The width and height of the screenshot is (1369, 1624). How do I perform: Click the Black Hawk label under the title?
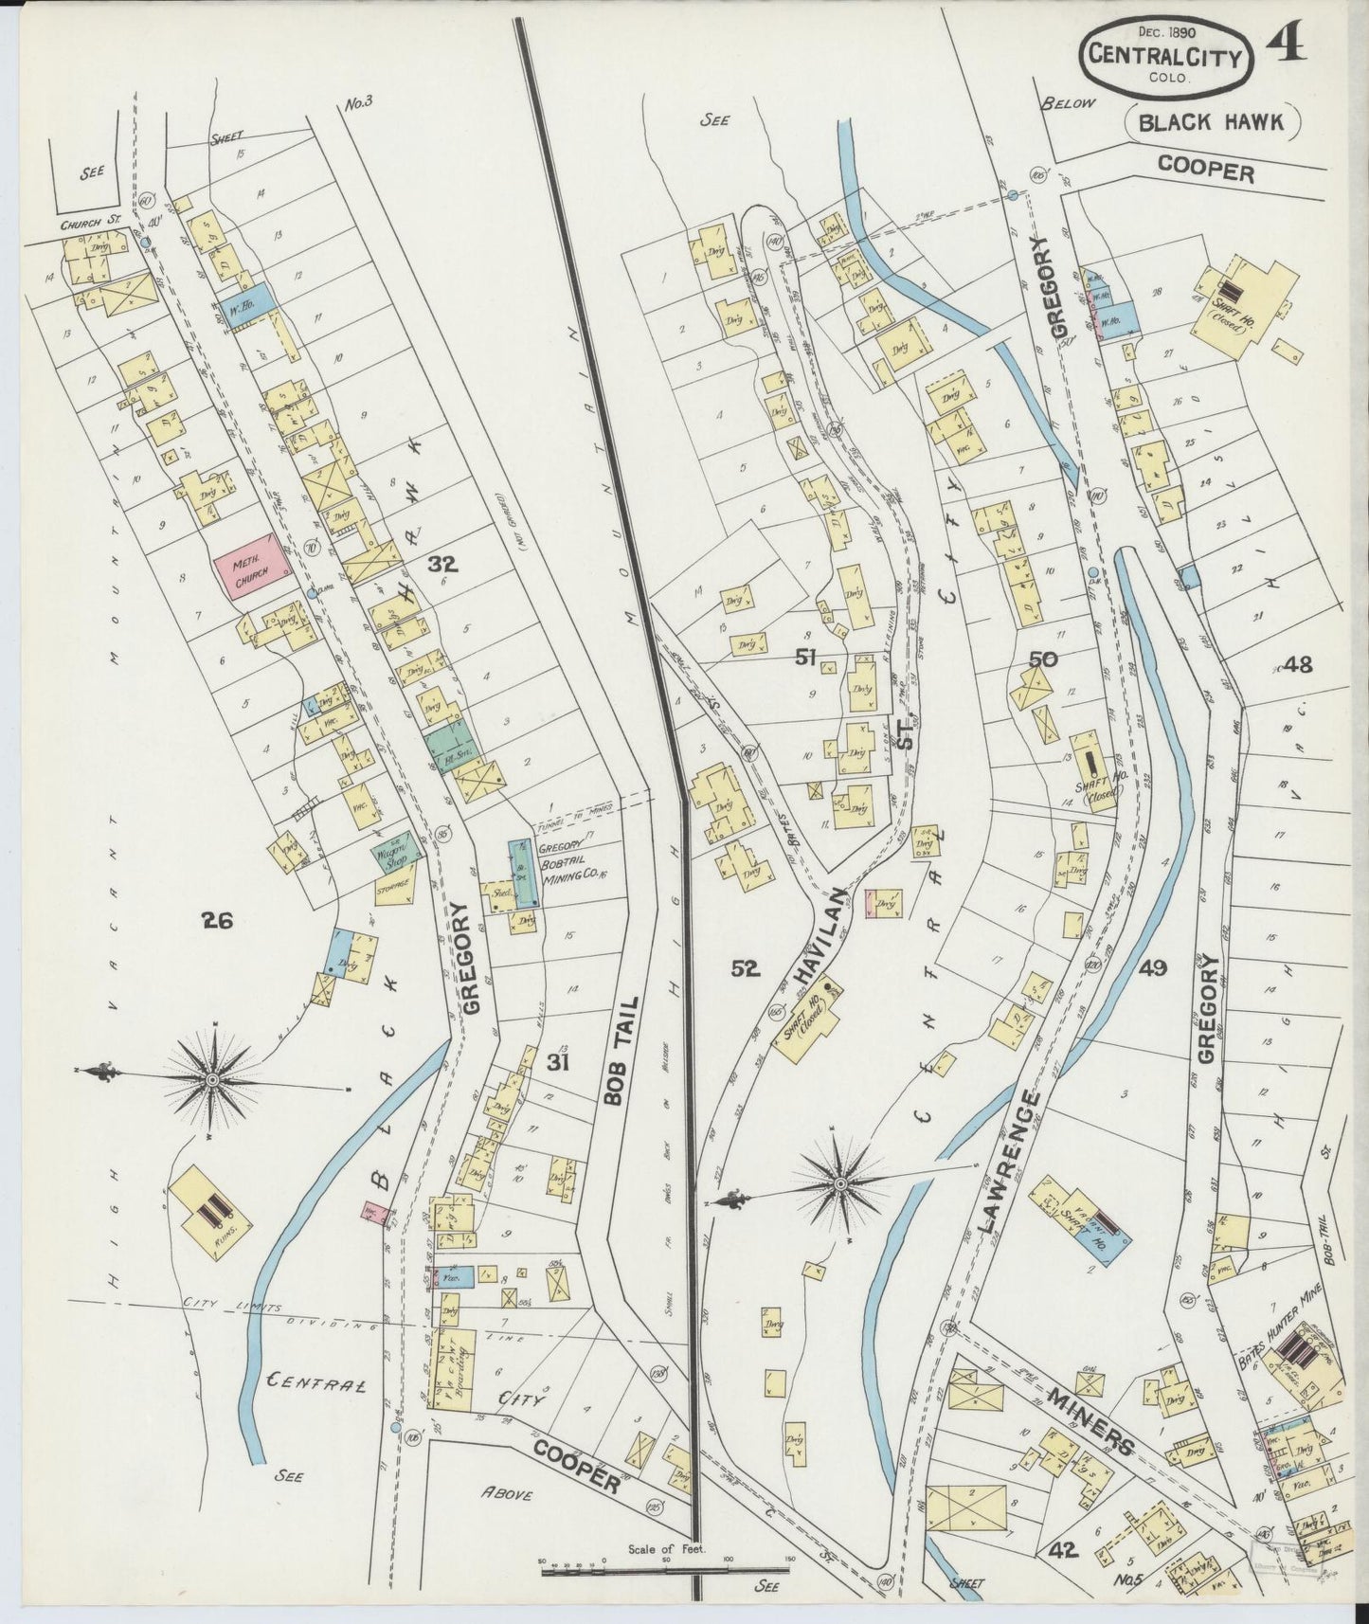(1211, 121)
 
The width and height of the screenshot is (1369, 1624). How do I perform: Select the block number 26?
(218, 918)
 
